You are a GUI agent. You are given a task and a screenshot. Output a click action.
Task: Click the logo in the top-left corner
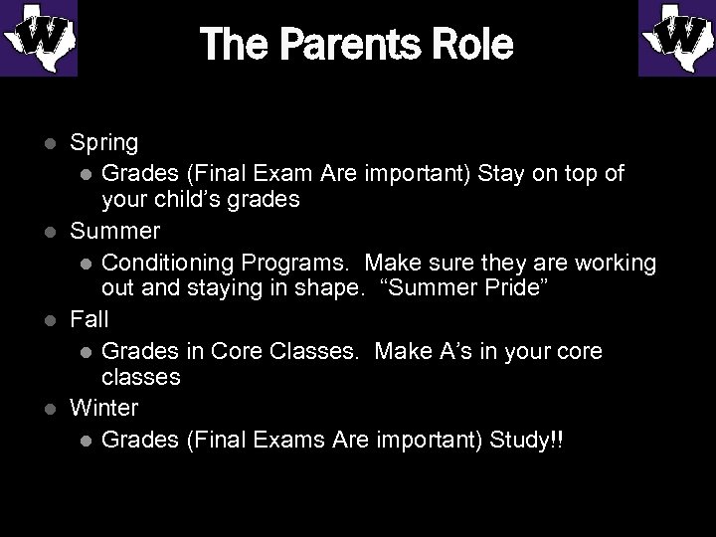(39, 39)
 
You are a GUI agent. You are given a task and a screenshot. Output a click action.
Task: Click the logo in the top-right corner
(676, 39)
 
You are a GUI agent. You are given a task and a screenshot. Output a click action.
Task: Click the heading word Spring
(103, 144)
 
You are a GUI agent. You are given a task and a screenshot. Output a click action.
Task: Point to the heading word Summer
(114, 232)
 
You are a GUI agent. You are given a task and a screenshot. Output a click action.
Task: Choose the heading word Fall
(89, 319)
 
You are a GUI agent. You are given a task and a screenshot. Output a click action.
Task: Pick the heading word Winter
(103, 407)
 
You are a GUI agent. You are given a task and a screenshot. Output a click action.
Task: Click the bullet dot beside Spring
(52, 144)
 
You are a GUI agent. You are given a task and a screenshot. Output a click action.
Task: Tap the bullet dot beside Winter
(52, 408)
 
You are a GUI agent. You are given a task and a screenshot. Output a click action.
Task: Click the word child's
(188, 200)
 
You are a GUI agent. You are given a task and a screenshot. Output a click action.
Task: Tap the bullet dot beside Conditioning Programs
(86, 264)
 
